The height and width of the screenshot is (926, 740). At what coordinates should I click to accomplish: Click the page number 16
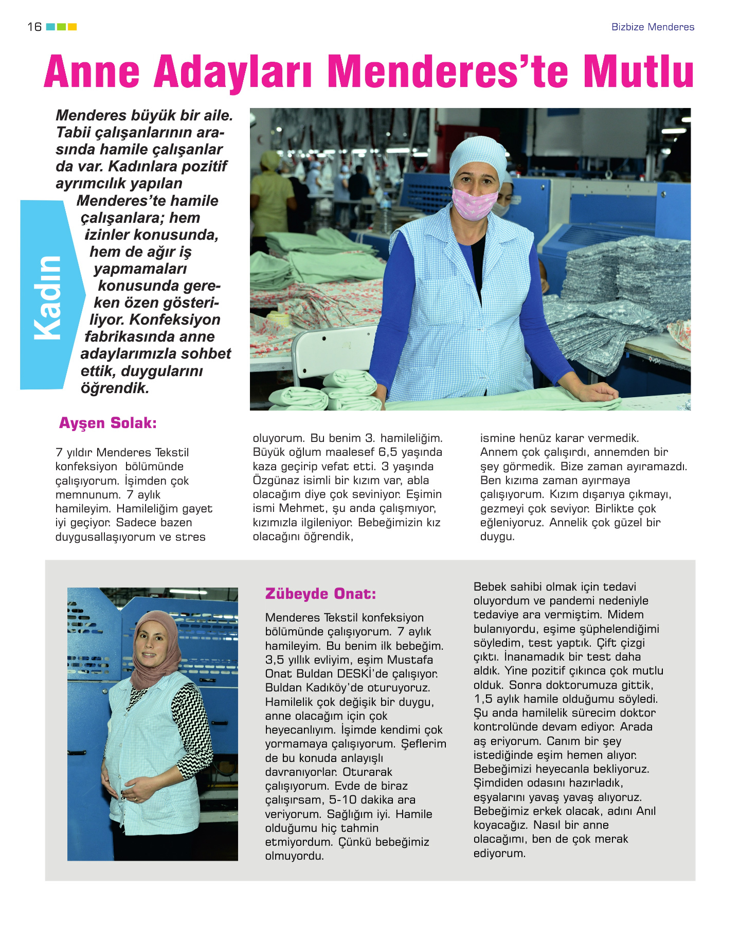point(34,27)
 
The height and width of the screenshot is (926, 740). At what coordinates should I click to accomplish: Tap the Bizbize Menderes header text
point(652,27)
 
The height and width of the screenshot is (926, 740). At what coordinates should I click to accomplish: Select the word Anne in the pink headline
point(92,72)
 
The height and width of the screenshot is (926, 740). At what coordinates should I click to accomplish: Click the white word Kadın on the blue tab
point(48,297)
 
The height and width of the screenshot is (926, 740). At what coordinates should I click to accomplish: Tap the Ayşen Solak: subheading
point(107,423)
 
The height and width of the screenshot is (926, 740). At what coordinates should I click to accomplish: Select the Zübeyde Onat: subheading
point(320,594)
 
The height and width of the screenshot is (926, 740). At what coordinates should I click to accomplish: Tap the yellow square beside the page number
point(72,27)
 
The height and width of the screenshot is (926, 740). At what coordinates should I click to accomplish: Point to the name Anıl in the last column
point(646,811)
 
